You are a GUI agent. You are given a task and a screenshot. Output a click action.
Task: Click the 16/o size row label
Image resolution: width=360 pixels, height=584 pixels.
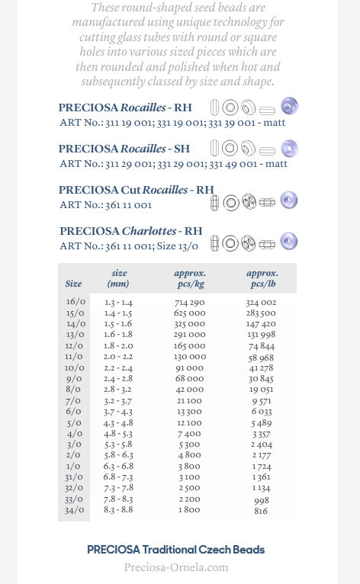(75, 303)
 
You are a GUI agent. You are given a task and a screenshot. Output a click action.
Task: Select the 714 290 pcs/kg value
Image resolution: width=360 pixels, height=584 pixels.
(190, 303)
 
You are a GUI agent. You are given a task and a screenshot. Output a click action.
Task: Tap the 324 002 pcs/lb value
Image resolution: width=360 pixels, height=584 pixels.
(261, 303)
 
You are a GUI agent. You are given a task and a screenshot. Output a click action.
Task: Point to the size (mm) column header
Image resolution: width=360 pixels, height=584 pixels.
(119, 278)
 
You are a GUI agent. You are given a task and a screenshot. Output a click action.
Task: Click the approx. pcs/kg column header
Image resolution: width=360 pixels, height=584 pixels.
(190, 278)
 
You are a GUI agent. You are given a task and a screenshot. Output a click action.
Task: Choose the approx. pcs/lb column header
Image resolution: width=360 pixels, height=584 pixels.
(262, 278)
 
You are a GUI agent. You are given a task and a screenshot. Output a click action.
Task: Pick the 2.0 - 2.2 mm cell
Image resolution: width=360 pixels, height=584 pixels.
(118, 357)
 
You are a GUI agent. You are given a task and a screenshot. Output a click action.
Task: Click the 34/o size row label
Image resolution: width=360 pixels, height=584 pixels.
(75, 510)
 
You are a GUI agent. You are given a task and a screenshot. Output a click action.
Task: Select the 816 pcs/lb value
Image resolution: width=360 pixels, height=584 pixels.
(261, 511)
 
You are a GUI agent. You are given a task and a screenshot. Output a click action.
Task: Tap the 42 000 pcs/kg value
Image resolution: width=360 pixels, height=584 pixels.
(190, 390)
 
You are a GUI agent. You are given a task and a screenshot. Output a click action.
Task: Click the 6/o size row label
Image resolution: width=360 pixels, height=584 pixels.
(74, 412)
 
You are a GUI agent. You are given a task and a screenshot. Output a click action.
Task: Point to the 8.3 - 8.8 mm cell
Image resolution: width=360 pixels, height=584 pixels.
(118, 510)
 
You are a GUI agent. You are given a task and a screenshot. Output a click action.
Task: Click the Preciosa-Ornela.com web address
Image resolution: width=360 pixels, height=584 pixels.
(176, 567)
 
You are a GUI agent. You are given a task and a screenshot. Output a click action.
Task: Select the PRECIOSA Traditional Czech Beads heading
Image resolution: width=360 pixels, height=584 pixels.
(176, 550)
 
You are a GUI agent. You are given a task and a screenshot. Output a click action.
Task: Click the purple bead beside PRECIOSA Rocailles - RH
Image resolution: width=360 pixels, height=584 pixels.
(289, 106)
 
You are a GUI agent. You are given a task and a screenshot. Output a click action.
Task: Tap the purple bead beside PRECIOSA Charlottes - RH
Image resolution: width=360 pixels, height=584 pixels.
(289, 241)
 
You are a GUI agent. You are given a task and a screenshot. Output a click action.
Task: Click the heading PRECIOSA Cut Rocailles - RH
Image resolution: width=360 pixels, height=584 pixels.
(137, 190)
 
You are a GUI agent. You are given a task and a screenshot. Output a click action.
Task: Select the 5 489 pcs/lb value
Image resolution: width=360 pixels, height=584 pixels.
(261, 423)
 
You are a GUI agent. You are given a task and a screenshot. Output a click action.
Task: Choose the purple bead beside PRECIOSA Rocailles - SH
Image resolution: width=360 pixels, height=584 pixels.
(289, 148)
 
